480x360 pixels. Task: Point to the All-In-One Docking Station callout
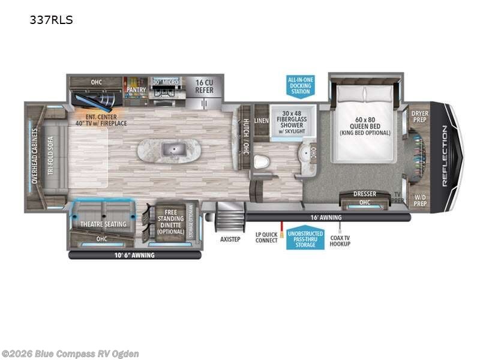pyautogui.click(x=300, y=85)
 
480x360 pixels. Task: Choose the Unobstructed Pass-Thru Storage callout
pyautogui.click(x=305, y=239)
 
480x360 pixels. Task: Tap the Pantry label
pyautogui.click(x=136, y=90)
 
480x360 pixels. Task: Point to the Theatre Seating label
pyautogui.click(x=103, y=224)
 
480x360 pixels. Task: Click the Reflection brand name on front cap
pyautogui.click(x=445, y=155)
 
